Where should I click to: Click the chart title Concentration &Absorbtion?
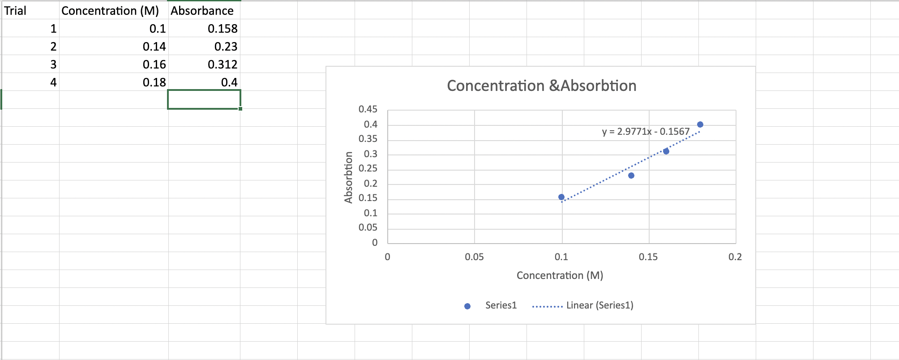[x=541, y=86]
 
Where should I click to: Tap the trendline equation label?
[x=646, y=132]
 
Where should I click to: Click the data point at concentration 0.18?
[x=700, y=124]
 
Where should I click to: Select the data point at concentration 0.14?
[x=631, y=176]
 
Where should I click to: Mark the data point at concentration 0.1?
[x=561, y=197]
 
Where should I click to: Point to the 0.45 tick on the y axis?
[x=368, y=109]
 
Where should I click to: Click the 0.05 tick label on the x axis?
[x=474, y=257]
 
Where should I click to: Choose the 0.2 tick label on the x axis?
[x=735, y=257]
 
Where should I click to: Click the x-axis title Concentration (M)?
[x=560, y=275]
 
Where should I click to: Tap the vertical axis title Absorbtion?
[x=348, y=177]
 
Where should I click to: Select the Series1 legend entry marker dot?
[x=467, y=306]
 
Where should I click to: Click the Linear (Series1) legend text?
[x=599, y=305]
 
